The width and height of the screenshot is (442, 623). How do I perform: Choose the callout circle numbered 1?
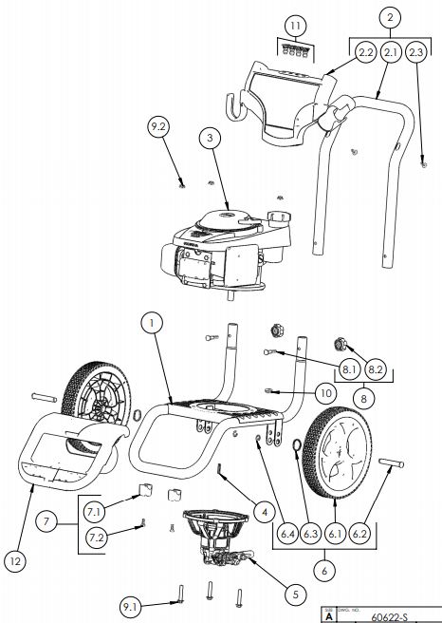(x=148, y=323)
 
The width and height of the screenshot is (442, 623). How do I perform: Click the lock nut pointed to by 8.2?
(x=338, y=344)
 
